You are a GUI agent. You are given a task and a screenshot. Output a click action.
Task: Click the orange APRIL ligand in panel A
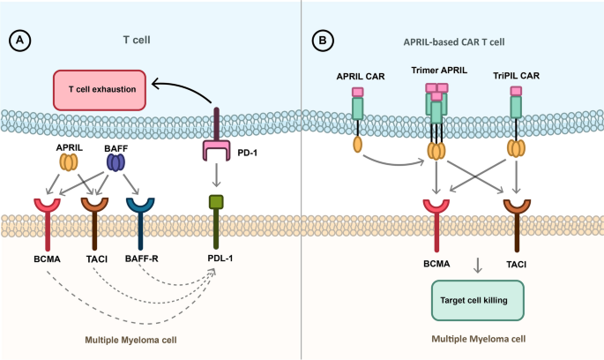tap(68, 162)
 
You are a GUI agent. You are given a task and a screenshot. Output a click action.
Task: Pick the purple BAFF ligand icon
tap(116, 162)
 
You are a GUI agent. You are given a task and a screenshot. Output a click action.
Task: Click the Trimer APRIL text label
tap(435, 71)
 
